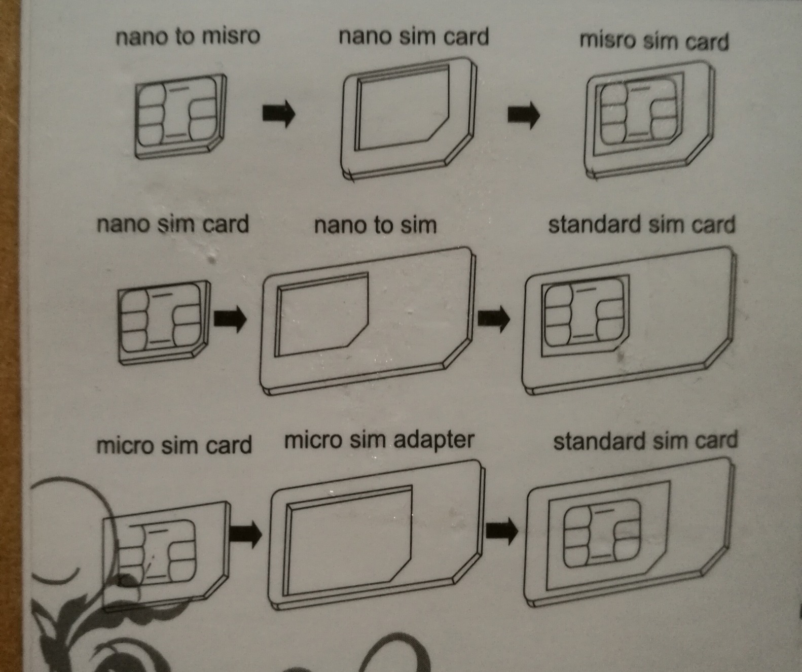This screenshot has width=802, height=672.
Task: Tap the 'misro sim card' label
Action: tap(654, 41)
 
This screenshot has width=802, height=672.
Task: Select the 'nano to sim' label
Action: tap(375, 225)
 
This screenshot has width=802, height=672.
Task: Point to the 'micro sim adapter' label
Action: tap(379, 441)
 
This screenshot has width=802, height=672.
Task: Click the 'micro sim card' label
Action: tap(174, 445)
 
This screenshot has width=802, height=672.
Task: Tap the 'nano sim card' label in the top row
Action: tap(414, 37)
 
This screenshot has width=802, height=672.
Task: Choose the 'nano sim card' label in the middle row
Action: tap(172, 224)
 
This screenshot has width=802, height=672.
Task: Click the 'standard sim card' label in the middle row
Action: tap(641, 225)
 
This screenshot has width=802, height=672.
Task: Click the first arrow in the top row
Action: tap(279, 113)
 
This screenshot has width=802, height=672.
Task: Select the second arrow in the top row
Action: tap(524, 115)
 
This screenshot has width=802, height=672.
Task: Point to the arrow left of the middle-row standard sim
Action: tap(494, 319)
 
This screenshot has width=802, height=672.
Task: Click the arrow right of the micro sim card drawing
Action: tap(245, 534)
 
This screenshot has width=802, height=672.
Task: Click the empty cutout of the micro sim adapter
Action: tap(348, 541)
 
